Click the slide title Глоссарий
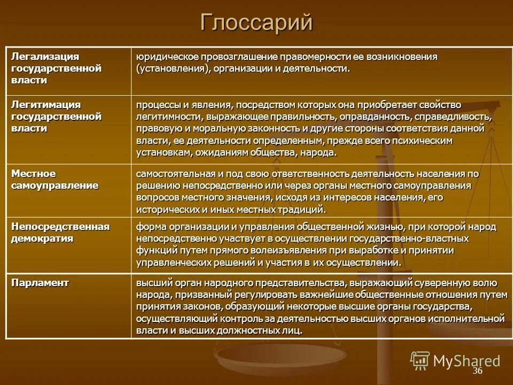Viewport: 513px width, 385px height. pyautogui.click(x=256, y=23)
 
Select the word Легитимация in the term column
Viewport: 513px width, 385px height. pyautogui.click(x=46, y=104)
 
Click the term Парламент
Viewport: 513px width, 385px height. pyautogui.click(x=40, y=283)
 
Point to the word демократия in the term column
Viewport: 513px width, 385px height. pyautogui.click(x=42, y=238)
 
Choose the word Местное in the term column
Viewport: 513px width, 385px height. pyautogui.click(x=34, y=174)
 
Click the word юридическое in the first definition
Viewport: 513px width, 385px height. pyautogui.click(x=164, y=57)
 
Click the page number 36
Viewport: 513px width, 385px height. pyautogui.click(x=477, y=371)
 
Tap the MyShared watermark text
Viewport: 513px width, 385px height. pyautogui.click(x=467, y=360)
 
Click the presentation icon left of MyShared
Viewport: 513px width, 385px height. pyautogui.click(x=420, y=360)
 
